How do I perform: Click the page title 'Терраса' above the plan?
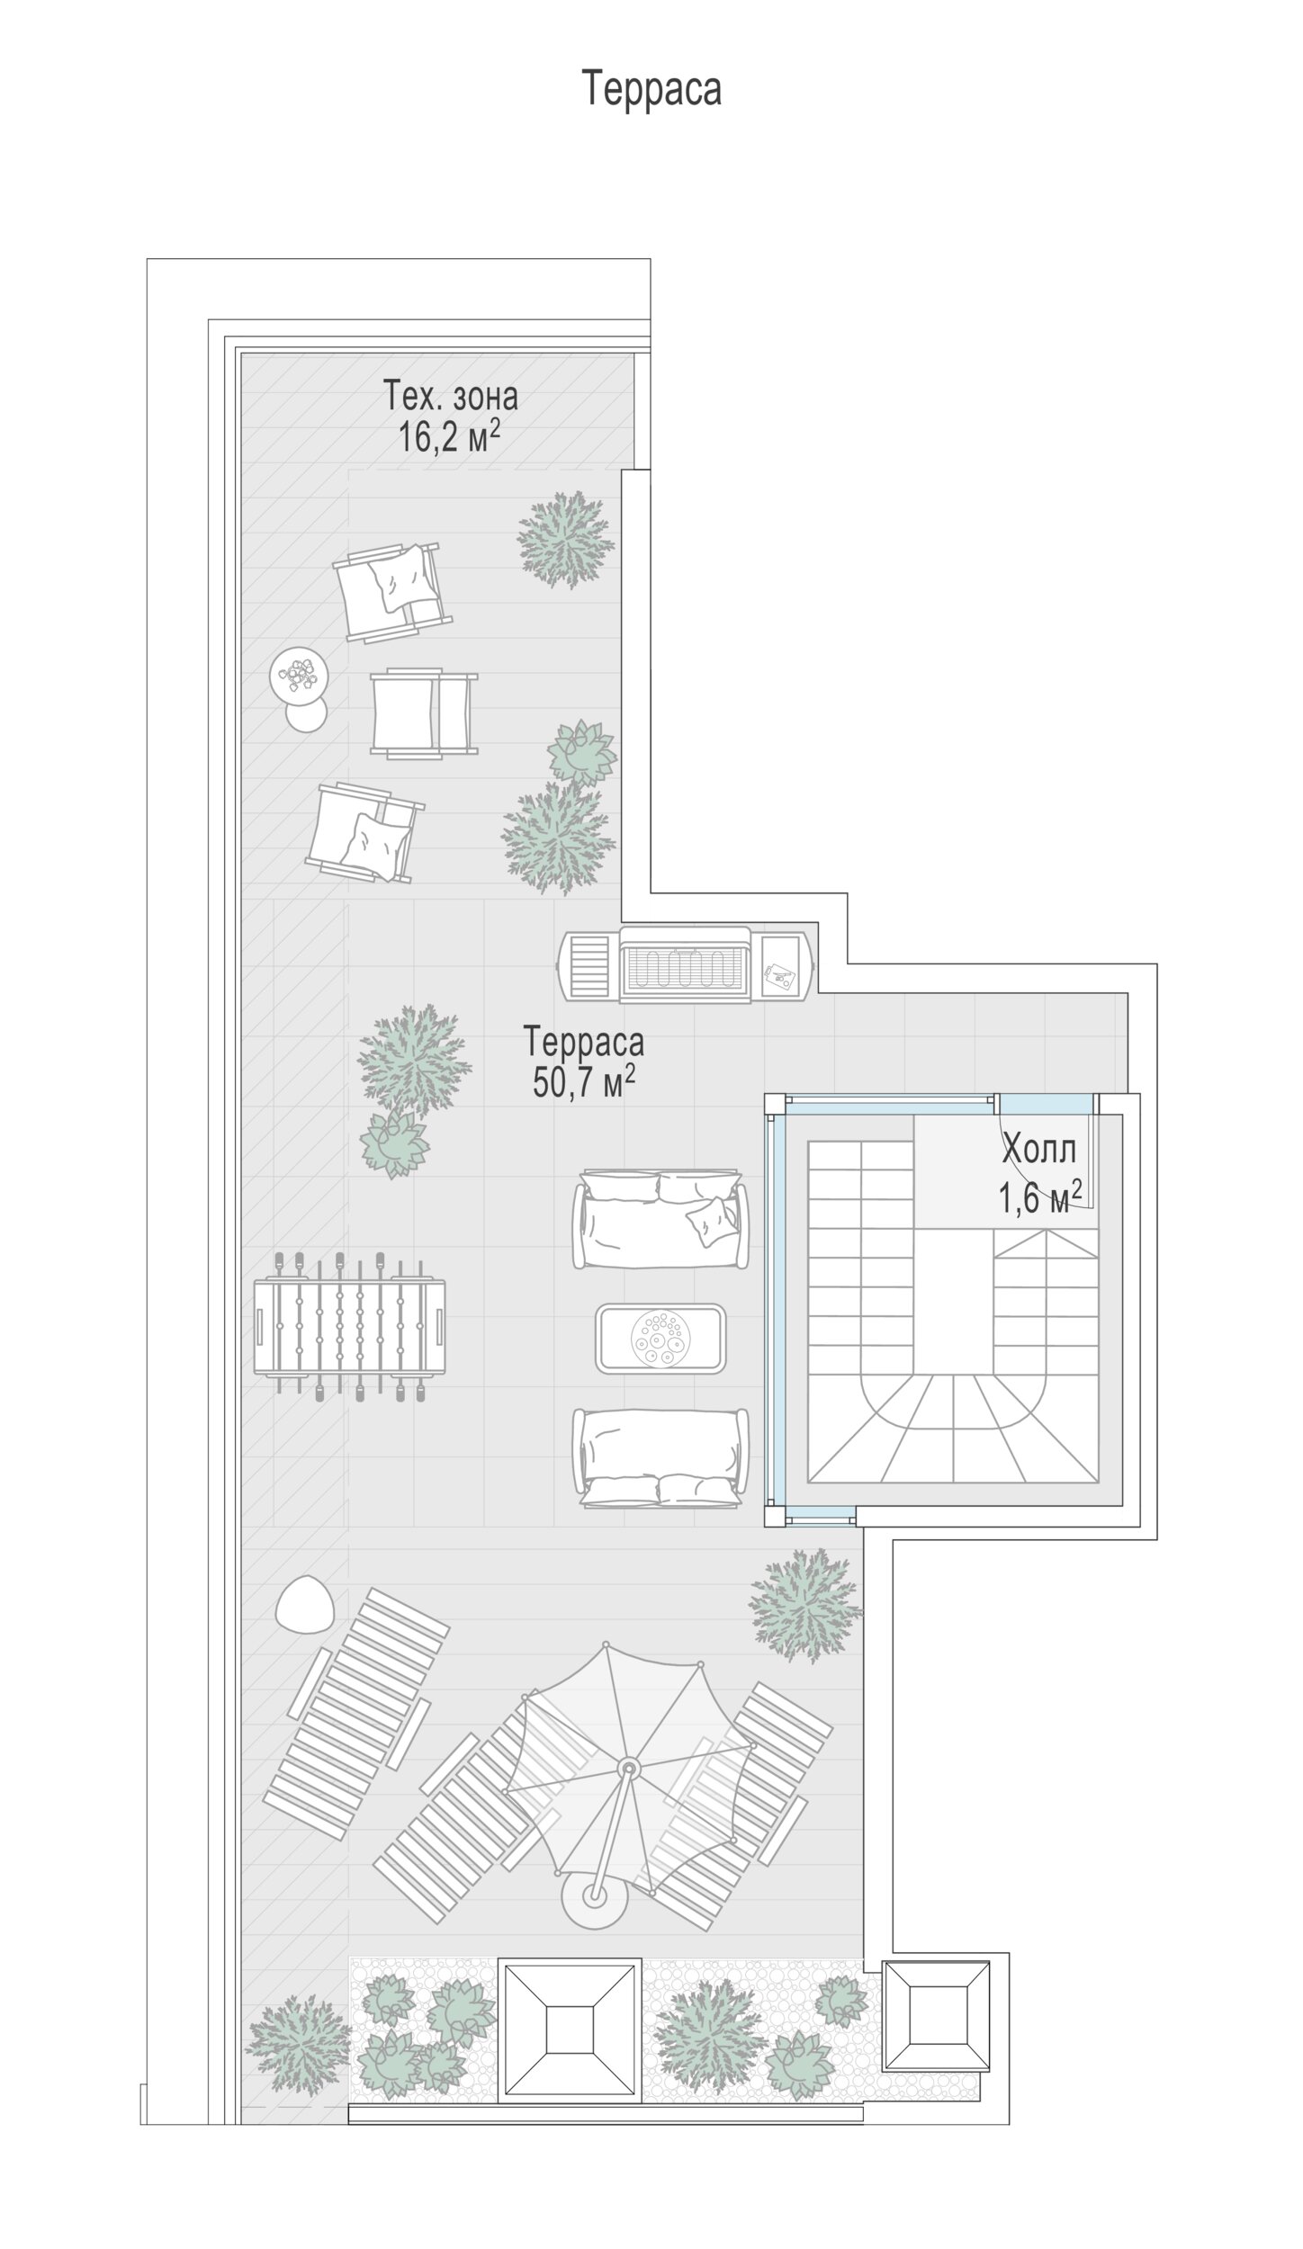[651, 89]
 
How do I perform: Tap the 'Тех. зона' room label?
[451, 396]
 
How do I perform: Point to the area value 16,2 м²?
[449, 438]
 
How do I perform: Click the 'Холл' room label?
[1039, 1149]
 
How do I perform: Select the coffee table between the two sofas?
[660, 1338]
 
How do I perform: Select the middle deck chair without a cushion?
[424, 712]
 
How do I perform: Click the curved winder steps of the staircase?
[954, 1428]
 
